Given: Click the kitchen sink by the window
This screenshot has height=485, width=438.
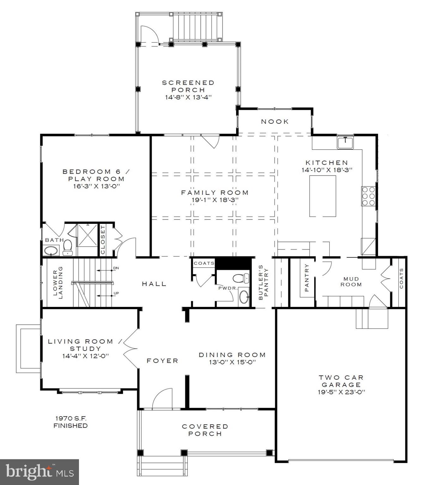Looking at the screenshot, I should (346, 142).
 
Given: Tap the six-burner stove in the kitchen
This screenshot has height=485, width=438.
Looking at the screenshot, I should (368, 196).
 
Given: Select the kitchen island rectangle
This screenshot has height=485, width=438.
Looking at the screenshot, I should (322, 196).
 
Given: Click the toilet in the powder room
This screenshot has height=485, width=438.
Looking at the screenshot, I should (239, 278).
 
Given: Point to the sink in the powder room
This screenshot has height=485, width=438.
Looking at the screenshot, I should (244, 297).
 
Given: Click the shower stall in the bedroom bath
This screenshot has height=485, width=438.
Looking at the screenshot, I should (88, 235).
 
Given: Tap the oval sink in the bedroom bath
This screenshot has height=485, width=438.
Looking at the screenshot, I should (51, 251).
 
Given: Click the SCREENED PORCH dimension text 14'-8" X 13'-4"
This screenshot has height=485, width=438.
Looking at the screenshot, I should (188, 98).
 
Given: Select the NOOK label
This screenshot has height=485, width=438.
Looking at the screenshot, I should (275, 122).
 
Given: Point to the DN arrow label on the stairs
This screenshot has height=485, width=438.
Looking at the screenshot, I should (116, 268).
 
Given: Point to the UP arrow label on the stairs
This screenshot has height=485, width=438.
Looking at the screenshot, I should (116, 293).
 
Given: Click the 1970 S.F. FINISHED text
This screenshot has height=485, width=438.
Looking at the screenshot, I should (70, 422).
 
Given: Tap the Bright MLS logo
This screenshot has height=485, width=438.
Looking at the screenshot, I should (40, 472).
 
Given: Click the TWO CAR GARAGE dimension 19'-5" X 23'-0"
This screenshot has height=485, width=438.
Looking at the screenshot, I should (341, 392).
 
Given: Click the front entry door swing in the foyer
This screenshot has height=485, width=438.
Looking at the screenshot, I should (162, 399).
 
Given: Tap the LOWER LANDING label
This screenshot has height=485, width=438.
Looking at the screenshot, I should (58, 282).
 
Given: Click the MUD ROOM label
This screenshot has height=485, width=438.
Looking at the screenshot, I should (351, 282).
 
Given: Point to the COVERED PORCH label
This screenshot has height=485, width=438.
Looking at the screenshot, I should (205, 430).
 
